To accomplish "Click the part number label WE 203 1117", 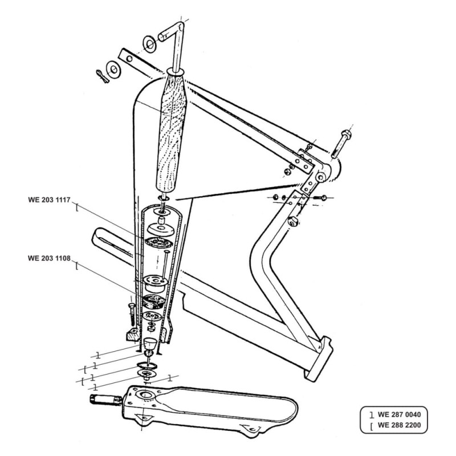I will click(49, 200).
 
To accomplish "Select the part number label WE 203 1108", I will click(49, 258).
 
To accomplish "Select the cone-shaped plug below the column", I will click(150, 344).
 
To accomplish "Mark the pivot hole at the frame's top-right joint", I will click(321, 177).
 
